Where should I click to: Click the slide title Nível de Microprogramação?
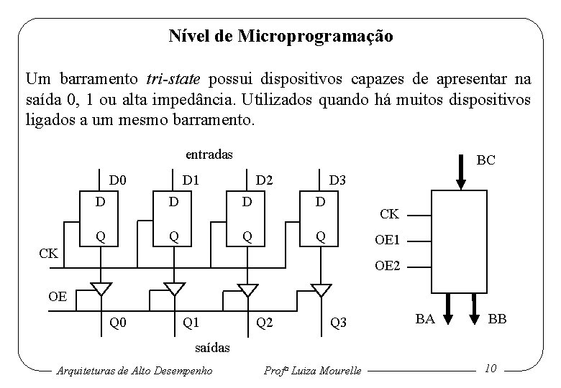pyautogui.click(x=280, y=36)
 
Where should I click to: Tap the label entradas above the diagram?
pyautogui.click(x=209, y=154)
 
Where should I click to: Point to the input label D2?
pyautogui.click(x=265, y=177)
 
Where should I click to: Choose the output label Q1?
pyautogui.click(x=191, y=323)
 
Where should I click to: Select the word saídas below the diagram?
pyautogui.click(x=214, y=348)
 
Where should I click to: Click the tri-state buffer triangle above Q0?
pyautogui.click(x=101, y=289)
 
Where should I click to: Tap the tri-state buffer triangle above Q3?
pyautogui.click(x=321, y=289)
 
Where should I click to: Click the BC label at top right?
pyautogui.click(x=485, y=160)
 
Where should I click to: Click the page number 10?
pyautogui.click(x=491, y=369)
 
